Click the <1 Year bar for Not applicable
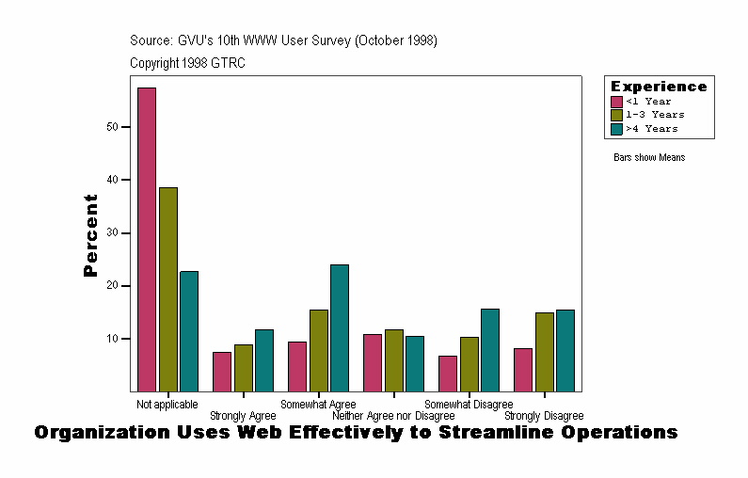(x=147, y=239)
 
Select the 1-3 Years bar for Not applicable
(x=168, y=289)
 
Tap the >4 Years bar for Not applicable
(x=189, y=331)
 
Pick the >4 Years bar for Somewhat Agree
(x=340, y=327)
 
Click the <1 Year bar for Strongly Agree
(x=222, y=372)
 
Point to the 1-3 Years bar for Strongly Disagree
(x=545, y=352)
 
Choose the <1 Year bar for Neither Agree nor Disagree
(x=373, y=362)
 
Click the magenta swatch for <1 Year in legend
(x=616, y=102)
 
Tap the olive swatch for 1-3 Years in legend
(x=616, y=115)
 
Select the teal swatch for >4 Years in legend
(x=616, y=129)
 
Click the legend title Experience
(x=659, y=87)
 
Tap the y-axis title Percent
(x=91, y=235)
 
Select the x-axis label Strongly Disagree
(x=544, y=416)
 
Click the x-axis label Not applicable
(x=167, y=405)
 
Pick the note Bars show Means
(x=649, y=158)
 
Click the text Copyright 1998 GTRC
(x=188, y=63)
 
